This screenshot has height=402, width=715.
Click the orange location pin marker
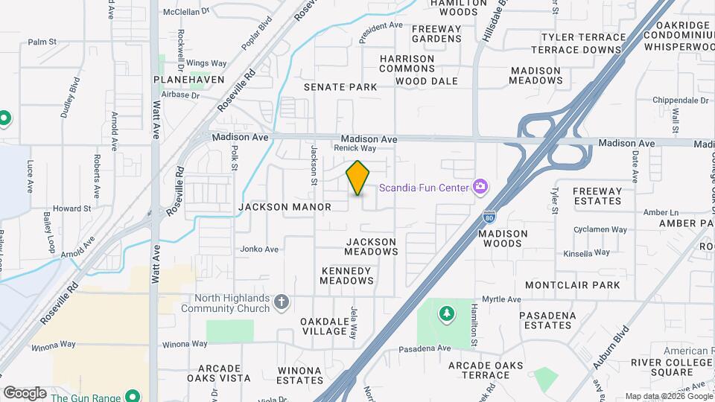(x=358, y=177)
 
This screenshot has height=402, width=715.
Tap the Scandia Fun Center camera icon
(x=481, y=186)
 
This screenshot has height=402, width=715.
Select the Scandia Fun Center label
(x=424, y=188)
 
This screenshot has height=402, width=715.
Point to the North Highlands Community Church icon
(x=281, y=301)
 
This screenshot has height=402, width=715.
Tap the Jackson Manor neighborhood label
(x=285, y=207)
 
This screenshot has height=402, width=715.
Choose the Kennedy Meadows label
(x=346, y=275)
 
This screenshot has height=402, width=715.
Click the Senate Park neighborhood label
(x=340, y=87)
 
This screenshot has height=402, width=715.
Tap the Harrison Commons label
(x=407, y=64)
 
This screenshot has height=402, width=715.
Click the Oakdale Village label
(x=325, y=326)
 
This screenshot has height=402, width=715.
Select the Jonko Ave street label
(x=260, y=249)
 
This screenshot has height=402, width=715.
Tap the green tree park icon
(x=446, y=314)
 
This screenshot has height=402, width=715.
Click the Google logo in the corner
(x=25, y=393)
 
